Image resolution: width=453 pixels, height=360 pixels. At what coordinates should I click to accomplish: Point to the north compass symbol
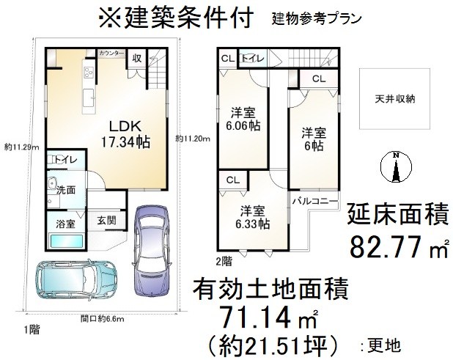pyautogui.click(x=395, y=167)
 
